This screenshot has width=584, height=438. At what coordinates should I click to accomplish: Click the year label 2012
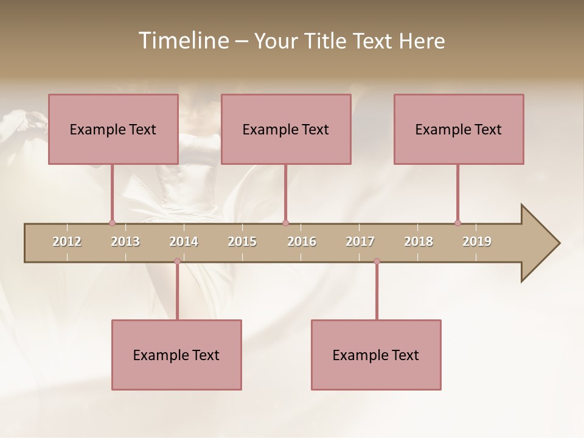tap(67, 242)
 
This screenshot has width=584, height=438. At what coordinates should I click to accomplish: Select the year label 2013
tap(125, 242)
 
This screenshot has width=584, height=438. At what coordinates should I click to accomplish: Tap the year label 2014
tap(184, 242)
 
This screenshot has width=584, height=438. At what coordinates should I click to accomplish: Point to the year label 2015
tap(242, 242)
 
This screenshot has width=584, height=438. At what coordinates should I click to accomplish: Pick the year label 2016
tap(302, 242)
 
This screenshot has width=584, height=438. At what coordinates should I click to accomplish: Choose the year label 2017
tap(360, 242)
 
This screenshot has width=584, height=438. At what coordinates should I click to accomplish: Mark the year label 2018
tap(419, 242)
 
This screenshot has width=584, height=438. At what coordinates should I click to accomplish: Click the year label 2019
tap(477, 242)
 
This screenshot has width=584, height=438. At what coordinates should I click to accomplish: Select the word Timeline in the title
tap(182, 41)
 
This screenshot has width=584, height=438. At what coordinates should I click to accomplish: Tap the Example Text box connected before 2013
tap(113, 129)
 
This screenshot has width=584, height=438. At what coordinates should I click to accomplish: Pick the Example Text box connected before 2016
tap(286, 129)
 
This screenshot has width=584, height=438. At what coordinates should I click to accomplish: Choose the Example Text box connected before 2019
tap(459, 129)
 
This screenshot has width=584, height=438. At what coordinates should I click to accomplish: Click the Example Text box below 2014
tap(176, 355)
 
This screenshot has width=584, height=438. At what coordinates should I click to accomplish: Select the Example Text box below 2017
tap(376, 355)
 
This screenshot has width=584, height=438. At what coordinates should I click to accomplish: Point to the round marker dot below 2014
tap(177, 261)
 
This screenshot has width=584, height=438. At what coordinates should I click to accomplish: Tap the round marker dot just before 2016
tap(286, 223)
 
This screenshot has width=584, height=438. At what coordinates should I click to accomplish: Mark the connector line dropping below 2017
tap(377, 291)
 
